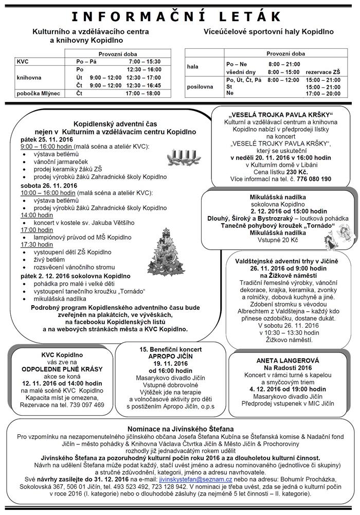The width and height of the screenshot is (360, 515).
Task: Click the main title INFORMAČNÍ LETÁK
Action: (x=179, y=15)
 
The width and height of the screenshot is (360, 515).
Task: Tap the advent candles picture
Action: (x=181, y=155)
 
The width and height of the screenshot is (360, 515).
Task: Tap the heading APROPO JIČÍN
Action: (x=165, y=356)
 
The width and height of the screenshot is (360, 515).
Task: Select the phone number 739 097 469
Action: (x=87, y=405)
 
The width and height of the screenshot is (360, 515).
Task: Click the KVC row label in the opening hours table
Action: (x=23, y=61)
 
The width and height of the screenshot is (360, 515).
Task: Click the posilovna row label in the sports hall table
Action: (x=202, y=87)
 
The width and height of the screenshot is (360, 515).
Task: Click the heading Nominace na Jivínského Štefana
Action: (x=180, y=429)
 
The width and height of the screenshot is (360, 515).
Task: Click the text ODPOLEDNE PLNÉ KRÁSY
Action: (x=62, y=369)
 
